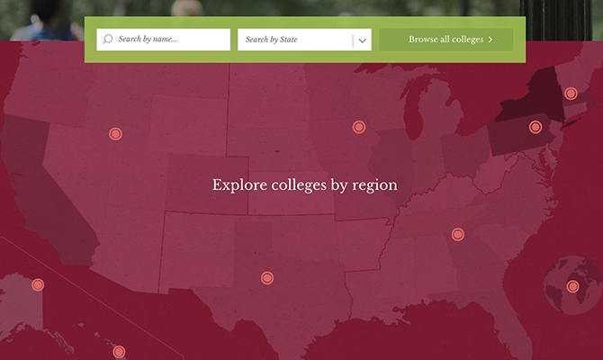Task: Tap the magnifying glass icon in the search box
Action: point(108,40)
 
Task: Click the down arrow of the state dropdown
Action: point(361,40)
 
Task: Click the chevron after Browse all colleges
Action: point(490,40)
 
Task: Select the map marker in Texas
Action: point(266,278)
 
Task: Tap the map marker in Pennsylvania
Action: point(535,127)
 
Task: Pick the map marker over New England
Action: point(571,94)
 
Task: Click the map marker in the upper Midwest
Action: point(359,127)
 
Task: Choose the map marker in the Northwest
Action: point(115,134)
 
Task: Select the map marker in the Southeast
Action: point(457,235)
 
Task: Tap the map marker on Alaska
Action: point(38,285)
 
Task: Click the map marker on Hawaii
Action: point(119,352)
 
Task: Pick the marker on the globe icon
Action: point(572,287)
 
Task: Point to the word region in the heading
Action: point(377,186)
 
